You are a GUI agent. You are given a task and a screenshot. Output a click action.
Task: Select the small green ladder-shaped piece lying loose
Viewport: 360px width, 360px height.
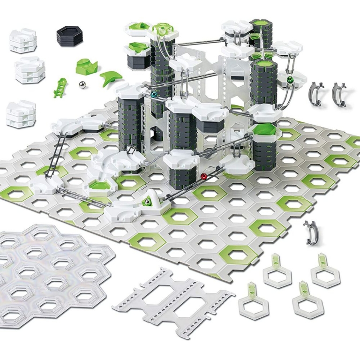(x=59, y=87)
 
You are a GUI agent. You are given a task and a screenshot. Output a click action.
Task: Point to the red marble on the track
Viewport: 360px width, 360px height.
(x=203, y=176)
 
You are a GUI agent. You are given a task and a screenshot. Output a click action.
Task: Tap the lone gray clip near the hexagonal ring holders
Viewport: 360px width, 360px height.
(x=310, y=232)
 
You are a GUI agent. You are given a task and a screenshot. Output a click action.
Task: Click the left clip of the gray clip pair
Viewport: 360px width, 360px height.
(x=316, y=93)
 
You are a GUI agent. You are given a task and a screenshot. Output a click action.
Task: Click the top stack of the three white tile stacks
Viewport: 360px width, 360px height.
(x=22, y=40)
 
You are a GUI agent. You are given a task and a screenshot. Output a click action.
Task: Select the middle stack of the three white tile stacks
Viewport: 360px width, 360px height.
(x=29, y=70)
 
